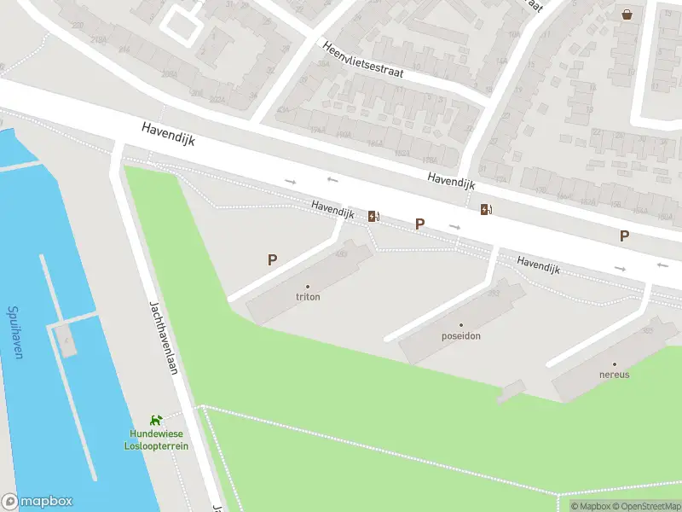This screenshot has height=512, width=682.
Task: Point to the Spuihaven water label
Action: tap(14, 332)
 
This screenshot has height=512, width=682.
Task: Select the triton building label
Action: tap(308, 297)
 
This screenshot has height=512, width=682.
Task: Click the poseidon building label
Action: tap(461, 335)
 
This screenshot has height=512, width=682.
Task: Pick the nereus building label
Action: tap(614, 374)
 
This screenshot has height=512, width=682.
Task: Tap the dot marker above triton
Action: tap(308, 287)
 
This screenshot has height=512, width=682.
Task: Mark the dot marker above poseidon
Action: tap(461, 325)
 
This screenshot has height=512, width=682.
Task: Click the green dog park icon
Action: tap(156, 420)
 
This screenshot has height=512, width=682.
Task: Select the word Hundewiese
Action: tap(156, 434)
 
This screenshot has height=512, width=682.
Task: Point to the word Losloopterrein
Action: tap(156, 445)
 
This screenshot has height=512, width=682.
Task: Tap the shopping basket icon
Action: tap(627, 14)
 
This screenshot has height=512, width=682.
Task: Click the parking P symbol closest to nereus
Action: tap(624, 236)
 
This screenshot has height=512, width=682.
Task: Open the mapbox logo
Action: tap(38, 502)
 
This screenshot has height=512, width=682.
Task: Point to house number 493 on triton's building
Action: tap(342, 253)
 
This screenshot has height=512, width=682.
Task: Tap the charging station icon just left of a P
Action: tap(373, 217)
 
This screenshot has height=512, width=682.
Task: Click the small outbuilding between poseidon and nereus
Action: tap(511, 391)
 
